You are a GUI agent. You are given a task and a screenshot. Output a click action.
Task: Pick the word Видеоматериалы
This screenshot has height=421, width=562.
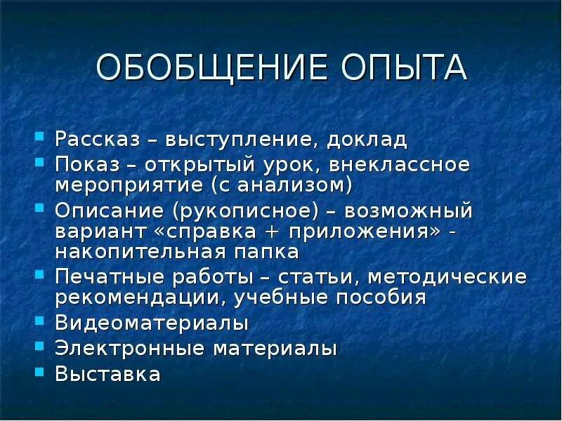(152, 324)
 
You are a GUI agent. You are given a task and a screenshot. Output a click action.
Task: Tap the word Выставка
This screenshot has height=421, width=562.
(108, 373)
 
